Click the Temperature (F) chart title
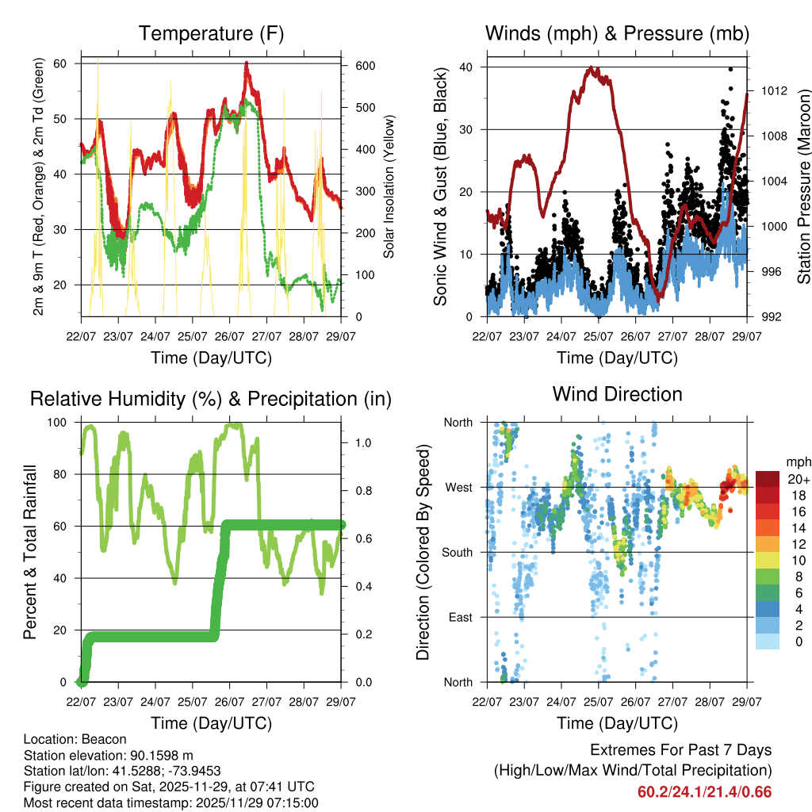(211, 33)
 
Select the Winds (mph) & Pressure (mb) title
(617, 33)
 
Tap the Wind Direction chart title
(617, 393)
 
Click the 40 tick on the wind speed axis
(470, 67)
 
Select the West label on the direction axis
(458, 487)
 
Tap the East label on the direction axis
(460, 617)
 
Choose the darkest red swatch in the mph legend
(766, 479)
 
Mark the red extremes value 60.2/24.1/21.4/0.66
(704, 792)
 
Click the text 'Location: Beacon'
(70, 739)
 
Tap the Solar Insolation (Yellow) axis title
(389, 187)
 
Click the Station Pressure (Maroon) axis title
(802, 187)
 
